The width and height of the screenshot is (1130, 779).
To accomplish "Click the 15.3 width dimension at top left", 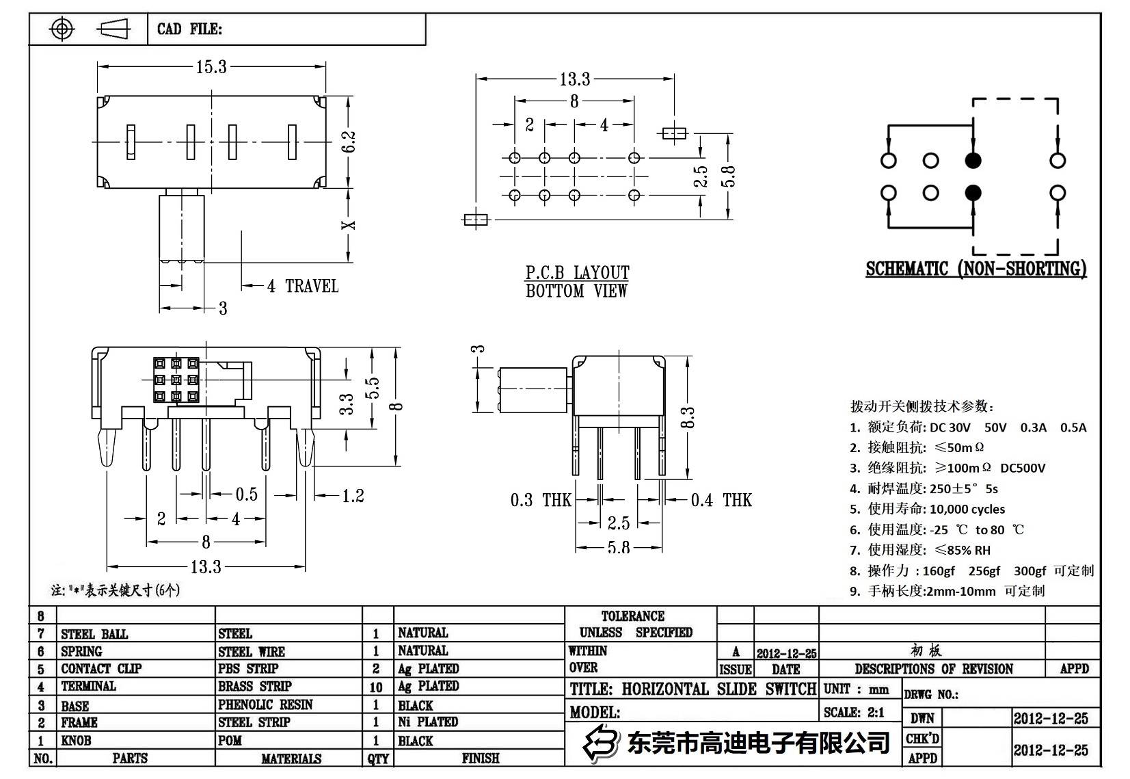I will point(211,67).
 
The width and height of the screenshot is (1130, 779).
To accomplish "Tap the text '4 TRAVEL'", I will point(302,286).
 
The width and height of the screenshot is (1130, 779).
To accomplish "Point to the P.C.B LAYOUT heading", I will point(577,272).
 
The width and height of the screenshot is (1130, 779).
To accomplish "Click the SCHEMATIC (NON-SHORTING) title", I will point(976,269).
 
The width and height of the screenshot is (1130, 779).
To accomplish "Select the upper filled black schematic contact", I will point(973,161).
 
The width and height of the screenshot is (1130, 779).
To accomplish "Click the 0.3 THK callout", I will point(540,500).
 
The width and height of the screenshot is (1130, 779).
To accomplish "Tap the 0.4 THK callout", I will point(721,500).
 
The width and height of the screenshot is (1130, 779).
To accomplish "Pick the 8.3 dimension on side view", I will point(688,417).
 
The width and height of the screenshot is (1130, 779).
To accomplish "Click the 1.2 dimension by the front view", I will point(353,496).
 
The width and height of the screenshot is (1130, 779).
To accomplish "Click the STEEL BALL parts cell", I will point(94,634).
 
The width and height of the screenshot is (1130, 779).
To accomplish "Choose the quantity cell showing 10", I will point(376,687).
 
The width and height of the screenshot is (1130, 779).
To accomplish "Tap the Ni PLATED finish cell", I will point(428,722).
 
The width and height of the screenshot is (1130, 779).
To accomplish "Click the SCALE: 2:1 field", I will point(854,712).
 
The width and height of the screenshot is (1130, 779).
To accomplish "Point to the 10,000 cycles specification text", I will point(967,509).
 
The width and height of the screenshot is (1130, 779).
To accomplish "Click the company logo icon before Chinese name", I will point(600,741).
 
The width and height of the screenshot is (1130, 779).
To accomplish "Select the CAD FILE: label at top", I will point(189,29).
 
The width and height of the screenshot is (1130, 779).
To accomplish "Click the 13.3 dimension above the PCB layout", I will point(574,79).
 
